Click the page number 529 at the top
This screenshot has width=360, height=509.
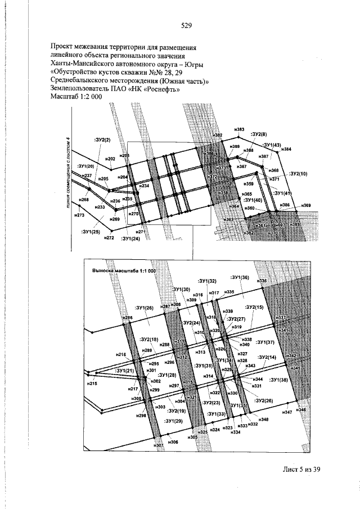pos(187,25)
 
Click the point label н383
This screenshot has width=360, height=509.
pos(239,130)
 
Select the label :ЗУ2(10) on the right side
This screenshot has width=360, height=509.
pos(298,174)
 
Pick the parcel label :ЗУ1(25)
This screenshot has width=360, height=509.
pos(90,231)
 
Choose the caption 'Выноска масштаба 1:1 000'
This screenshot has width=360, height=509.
pos(123,270)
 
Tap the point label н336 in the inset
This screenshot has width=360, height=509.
pos(262,281)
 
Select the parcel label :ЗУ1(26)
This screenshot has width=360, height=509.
pos(145,308)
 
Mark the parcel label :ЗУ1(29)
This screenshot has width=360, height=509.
pos(173,421)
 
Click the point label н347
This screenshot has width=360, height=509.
pos(287,412)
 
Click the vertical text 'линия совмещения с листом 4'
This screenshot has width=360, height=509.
pos(69,172)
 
